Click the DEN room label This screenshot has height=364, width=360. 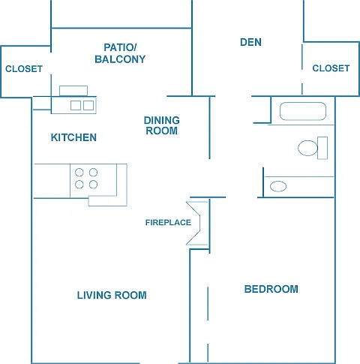coord(250,42)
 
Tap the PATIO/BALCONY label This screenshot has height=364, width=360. coord(120,53)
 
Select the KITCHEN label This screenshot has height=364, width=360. coord(73,137)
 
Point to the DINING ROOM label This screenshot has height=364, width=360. coord(162,125)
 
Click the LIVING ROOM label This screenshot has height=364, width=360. coord(112,295)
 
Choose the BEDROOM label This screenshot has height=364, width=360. coord(271,289)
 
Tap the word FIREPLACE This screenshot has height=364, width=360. coord(168,222)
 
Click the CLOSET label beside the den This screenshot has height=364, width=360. coord(331,68)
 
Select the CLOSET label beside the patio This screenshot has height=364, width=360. coord(24,69)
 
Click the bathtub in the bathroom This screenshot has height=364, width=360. coord(303,111)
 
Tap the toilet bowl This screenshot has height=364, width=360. coord(307,148)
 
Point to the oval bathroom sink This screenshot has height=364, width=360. coord(278,186)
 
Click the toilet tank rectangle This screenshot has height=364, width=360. coord(322,148)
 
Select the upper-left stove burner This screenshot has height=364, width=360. coord(79,173)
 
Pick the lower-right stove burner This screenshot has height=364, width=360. coord(93,185)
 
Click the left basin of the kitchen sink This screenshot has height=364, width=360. coord(76,105)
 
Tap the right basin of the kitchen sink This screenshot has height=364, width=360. coord(88,105)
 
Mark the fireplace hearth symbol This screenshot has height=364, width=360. coord(197,223)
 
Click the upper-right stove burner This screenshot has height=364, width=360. coord(93,173)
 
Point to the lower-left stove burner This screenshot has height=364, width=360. coord(79,185)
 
